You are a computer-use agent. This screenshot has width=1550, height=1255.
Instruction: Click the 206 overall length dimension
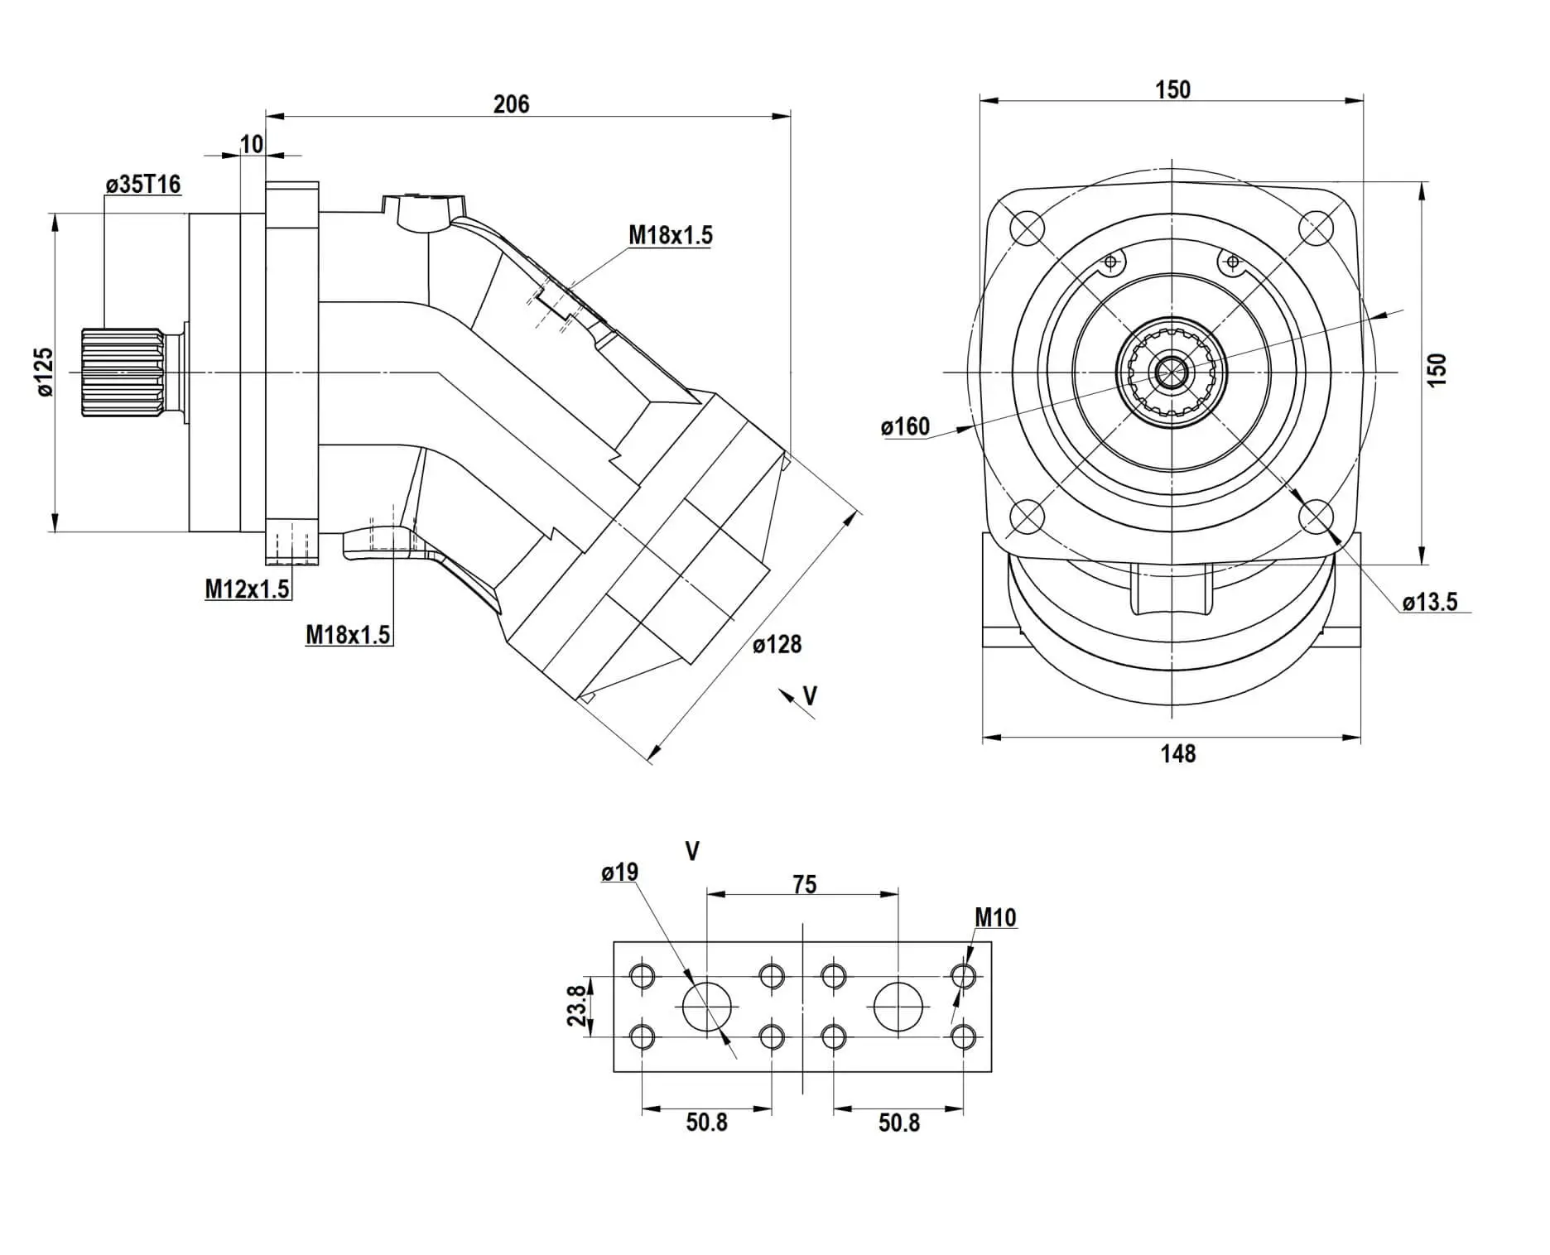511,104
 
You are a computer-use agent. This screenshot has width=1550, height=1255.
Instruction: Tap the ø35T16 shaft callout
143,184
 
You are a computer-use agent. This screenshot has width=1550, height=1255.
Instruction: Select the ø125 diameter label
44,372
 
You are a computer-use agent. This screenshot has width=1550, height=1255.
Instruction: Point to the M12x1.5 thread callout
247,589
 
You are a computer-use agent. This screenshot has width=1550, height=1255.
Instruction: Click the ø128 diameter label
777,644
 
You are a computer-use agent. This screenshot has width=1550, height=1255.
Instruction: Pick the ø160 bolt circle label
905,427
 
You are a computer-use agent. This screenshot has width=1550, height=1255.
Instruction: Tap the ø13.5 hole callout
1430,602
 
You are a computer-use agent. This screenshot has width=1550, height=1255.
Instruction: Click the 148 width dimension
1177,753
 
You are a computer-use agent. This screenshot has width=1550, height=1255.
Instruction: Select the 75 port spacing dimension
804,884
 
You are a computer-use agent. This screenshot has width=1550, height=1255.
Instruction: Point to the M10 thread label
994,917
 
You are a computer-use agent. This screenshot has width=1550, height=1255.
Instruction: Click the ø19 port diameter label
619,872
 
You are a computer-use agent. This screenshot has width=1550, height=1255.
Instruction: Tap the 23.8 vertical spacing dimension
577,1006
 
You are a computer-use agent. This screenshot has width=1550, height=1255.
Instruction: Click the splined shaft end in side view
123,372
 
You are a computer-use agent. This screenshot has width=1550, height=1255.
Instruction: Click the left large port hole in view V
707,1007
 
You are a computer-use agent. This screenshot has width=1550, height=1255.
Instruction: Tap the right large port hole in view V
898,1007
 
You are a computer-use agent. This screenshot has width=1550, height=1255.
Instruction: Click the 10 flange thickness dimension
251,144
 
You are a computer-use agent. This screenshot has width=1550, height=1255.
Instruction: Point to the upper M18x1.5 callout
670,235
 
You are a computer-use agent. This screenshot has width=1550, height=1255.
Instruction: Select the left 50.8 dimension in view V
706,1123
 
